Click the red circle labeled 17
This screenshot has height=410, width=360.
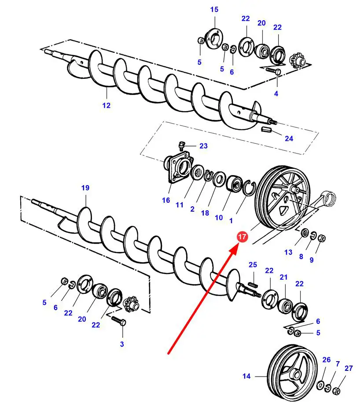pos(242,237)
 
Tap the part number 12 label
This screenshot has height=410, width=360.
pos(106,106)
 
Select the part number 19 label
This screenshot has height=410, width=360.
pos(85,188)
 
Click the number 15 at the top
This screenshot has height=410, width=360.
pos(214,10)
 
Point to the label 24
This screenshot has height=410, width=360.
pos(289,138)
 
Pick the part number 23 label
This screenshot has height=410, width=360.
pos(204,146)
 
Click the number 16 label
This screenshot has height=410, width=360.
pos(166,200)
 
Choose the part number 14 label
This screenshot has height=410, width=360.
pos(246,376)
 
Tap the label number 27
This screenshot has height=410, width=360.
pos(349,368)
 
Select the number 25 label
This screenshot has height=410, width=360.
pos(253,265)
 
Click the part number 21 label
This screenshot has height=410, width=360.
pos(283,277)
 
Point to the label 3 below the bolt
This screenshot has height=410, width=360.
pos(122,344)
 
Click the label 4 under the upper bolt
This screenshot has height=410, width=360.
pos(276,93)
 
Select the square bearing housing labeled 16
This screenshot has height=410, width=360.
pos(178,168)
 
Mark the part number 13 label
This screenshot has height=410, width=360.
pos(288,253)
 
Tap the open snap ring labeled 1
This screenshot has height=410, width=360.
pos(249,187)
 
